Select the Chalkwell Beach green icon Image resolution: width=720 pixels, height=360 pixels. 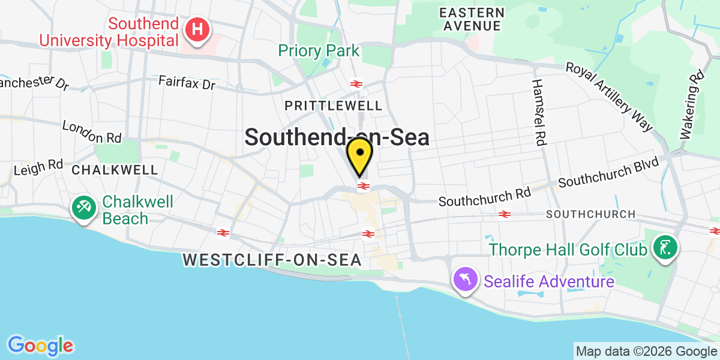tap(82, 208)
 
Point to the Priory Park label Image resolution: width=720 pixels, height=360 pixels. tap(318, 50)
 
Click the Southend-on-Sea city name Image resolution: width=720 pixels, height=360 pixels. tap(337, 137)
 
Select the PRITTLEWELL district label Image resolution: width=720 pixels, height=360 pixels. tap(334, 106)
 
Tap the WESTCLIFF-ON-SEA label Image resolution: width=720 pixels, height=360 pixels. tap(272, 260)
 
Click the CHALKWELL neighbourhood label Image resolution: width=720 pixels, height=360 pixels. tap(115, 170)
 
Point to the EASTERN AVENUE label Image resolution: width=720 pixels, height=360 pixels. tap(472, 19)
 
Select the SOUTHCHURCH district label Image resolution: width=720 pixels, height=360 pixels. tap(590, 214)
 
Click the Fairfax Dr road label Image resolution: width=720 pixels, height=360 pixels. tap(187, 83)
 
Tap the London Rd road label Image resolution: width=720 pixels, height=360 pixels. tap(91, 132)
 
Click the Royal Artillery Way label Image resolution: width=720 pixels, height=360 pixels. tap(609, 96)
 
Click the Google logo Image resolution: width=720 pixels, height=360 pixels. tap(40, 345)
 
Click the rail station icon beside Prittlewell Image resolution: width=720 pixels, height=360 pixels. tap(356, 83)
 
